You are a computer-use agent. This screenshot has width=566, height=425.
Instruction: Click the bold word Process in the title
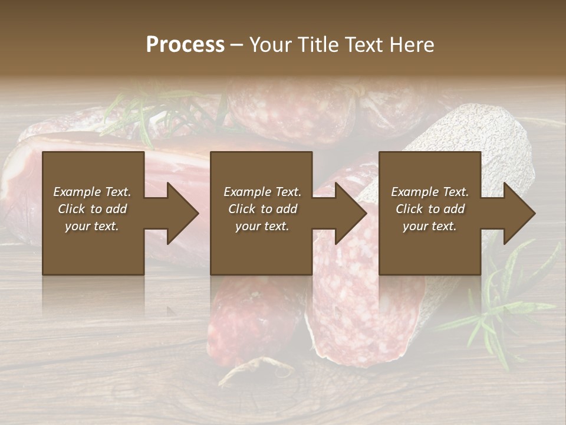(185, 44)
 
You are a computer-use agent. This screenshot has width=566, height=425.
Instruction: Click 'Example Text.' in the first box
(92, 192)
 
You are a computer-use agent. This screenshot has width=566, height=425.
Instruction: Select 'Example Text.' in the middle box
(262, 192)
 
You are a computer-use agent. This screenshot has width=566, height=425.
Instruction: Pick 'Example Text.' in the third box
(430, 192)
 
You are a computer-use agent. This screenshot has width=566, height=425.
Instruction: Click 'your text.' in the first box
(92, 226)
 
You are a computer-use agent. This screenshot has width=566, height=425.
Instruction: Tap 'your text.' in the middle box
(262, 226)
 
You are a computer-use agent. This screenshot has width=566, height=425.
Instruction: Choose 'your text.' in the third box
(430, 226)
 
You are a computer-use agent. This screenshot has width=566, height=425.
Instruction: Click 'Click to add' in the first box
(92, 209)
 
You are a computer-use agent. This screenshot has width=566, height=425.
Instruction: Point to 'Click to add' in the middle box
(262, 209)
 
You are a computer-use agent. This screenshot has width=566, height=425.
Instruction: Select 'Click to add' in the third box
(430, 209)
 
